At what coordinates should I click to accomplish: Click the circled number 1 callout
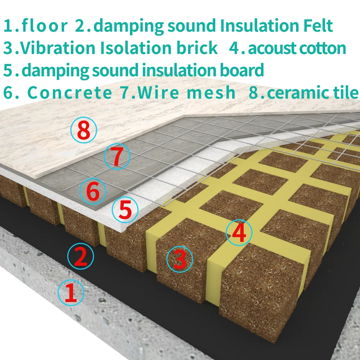(71, 292)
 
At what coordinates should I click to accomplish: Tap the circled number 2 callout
(81, 256)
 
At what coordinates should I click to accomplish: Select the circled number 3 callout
(180, 259)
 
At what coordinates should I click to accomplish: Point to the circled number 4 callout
(239, 233)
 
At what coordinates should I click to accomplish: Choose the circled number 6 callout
(93, 192)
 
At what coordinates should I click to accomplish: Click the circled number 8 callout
(84, 131)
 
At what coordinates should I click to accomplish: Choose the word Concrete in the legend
(70, 93)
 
